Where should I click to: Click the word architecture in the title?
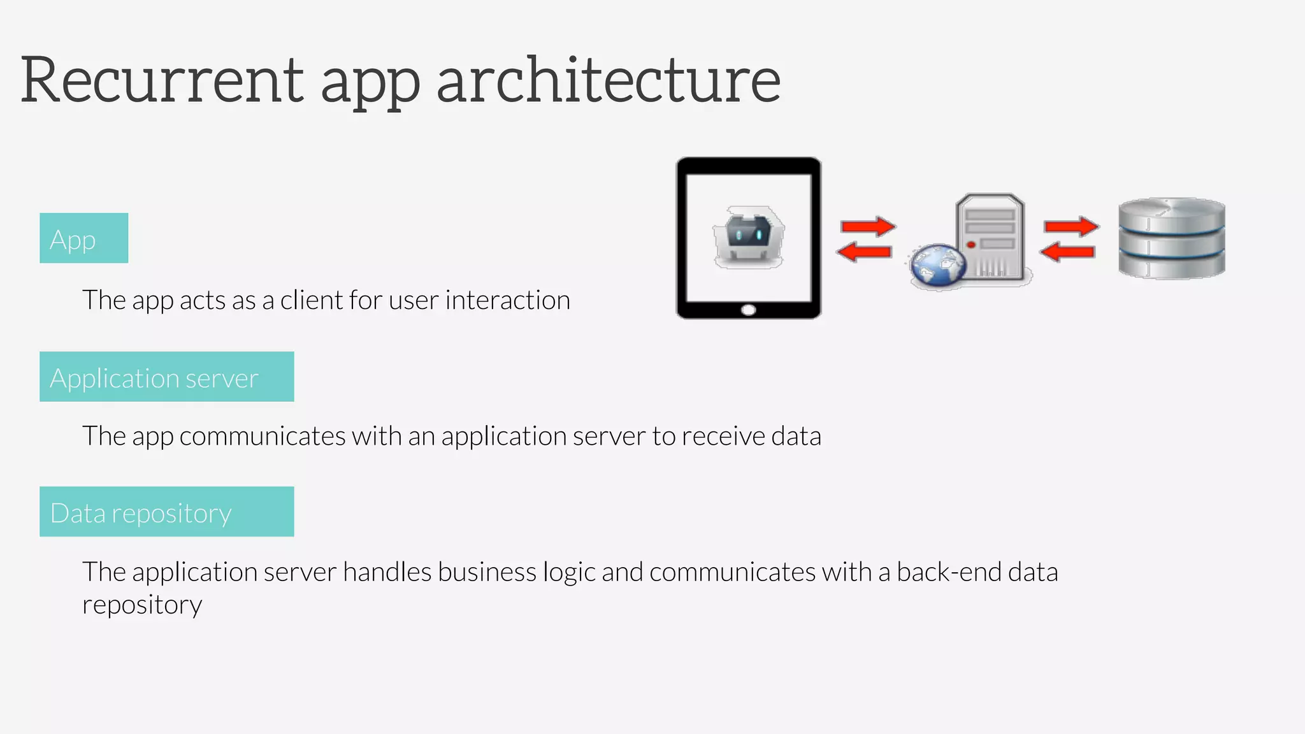tap(609, 81)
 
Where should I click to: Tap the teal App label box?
tap(83, 238)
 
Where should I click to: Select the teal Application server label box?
tap(166, 377)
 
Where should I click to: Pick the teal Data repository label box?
tap(166, 512)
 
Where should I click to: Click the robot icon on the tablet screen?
tap(749, 237)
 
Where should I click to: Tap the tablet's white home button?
tap(749, 310)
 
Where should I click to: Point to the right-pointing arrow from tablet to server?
tap(868, 227)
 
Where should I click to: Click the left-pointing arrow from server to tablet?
tap(864, 252)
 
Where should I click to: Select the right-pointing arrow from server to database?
tap(1071, 227)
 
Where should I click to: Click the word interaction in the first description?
tap(507, 300)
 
